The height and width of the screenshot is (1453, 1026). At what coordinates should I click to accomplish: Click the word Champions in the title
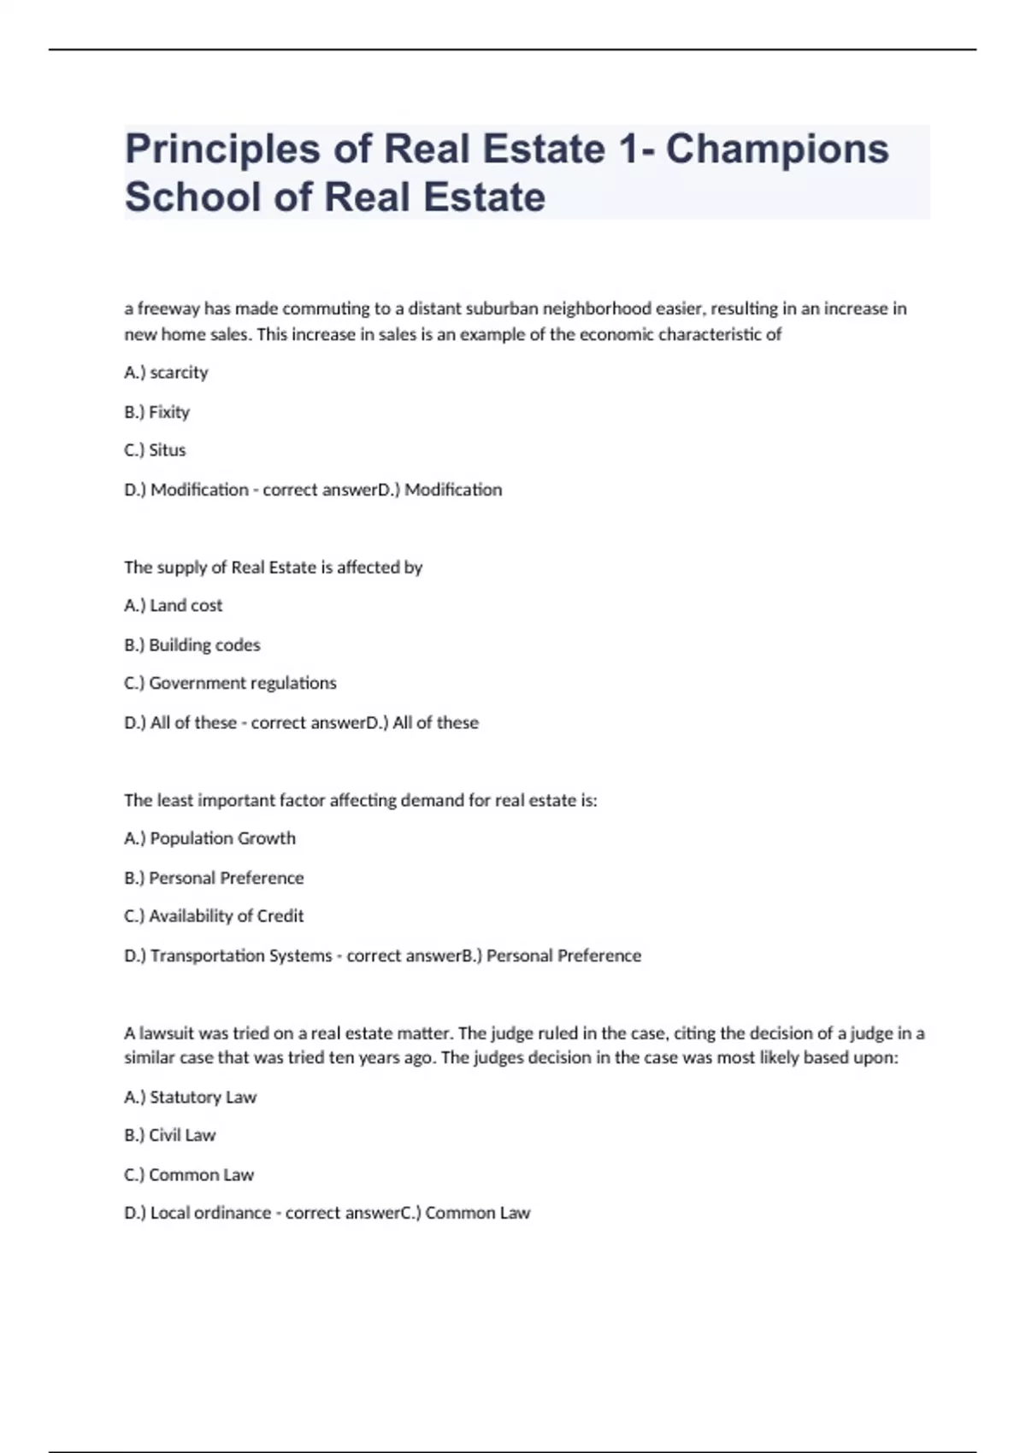click(x=777, y=149)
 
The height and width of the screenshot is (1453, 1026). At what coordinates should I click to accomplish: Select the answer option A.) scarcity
click(x=166, y=373)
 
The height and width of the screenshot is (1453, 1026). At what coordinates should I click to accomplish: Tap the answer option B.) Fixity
click(x=156, y=412)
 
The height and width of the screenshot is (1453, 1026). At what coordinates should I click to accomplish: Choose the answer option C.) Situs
click(x=155, y=450)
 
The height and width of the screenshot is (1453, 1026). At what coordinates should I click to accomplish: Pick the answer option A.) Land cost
click(x=173, y=606)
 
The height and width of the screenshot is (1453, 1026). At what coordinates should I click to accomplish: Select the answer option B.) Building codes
click(x=192, y=645)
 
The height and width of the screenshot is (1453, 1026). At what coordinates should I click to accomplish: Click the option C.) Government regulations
click(x=230, y=684)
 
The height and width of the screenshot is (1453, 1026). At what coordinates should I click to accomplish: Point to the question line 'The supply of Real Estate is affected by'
click(x=273, y=568)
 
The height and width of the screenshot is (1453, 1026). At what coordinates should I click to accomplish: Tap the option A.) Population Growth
click(x=209, y=838)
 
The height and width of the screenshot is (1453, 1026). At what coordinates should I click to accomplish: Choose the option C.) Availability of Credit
click(x=214, y=916)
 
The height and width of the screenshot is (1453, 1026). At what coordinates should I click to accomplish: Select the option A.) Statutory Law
click(x=190, y=1097)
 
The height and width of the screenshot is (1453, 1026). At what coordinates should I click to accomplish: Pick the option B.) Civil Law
click(x=169, y=1136)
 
